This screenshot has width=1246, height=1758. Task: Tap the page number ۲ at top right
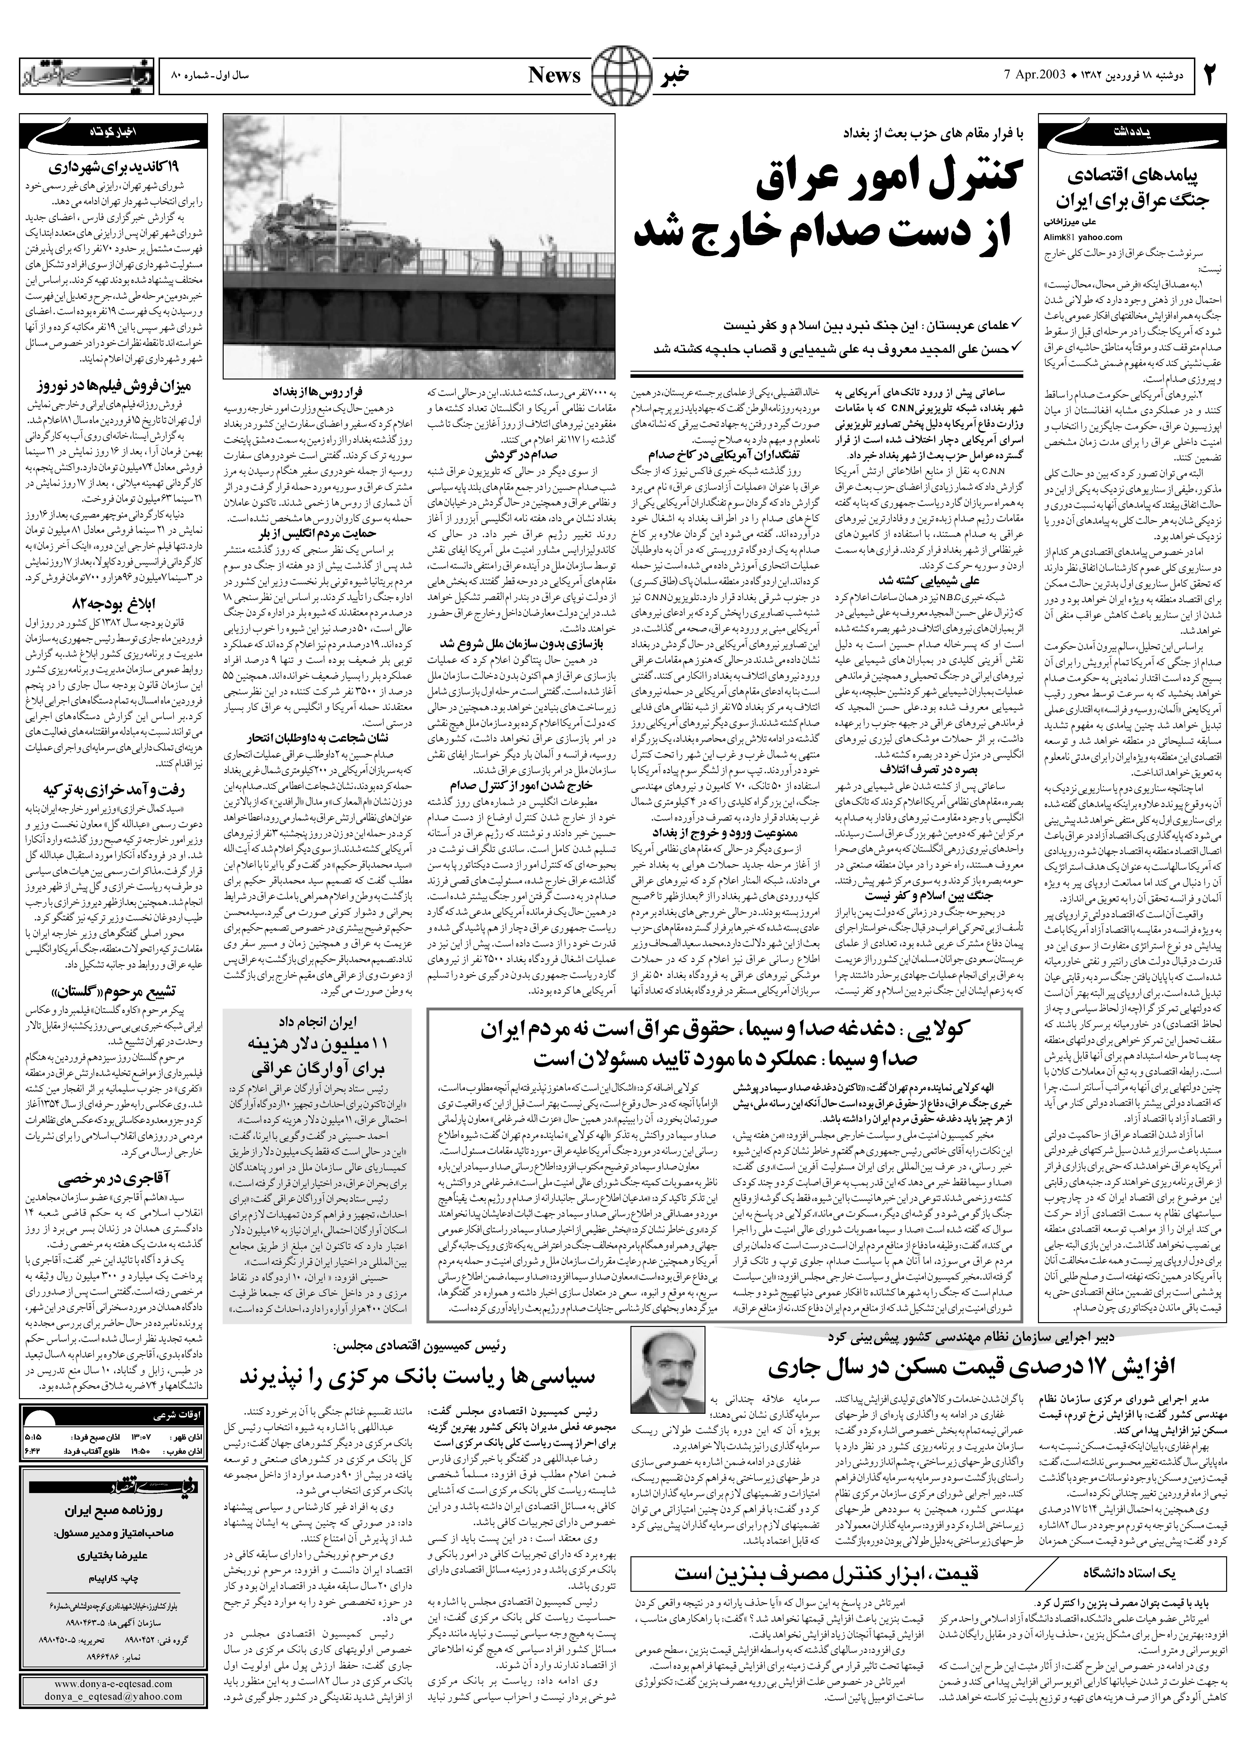tap(1211, 75)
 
